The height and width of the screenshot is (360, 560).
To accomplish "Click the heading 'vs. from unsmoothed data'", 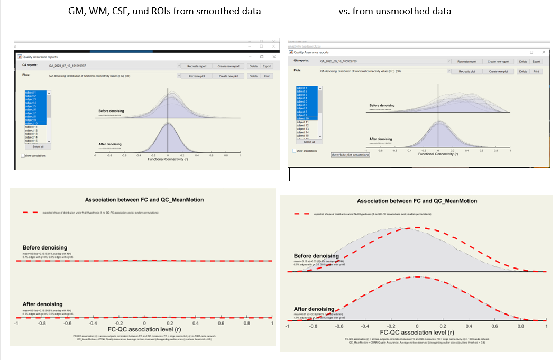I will (395, 11).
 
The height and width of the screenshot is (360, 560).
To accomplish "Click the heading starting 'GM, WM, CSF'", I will (164, 11).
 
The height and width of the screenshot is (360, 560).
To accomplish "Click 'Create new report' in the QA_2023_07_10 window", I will (231, 66).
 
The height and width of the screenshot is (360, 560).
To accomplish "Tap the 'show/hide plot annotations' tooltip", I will (350, 155).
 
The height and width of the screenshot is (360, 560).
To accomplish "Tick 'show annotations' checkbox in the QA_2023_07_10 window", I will (23, 156).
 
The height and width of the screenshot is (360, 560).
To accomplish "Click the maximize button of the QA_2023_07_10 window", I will (262, 57).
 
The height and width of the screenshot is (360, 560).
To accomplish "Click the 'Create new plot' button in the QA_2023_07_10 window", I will (231, 76).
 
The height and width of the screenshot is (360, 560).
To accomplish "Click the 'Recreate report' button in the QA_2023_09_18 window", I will (467, 62).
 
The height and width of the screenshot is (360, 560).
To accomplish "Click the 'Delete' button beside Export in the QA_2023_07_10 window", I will (253, 66).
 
